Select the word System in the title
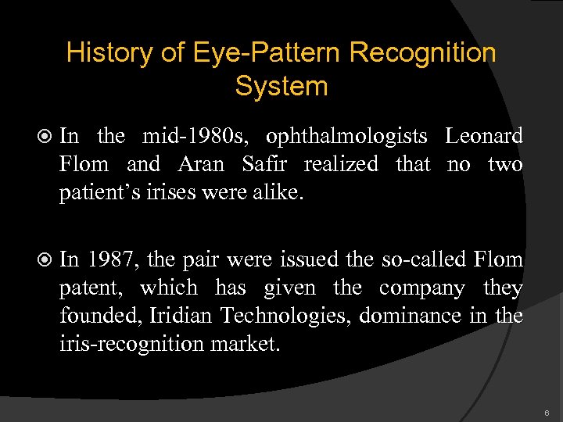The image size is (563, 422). coord(281,86)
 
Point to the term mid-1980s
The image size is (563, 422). coord(197,136)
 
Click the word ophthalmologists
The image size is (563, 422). coord(346,136)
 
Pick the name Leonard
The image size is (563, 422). coord(484,136)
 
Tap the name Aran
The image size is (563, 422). coord(200,164)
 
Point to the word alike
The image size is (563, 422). coord(275,192)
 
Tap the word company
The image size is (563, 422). coord(422,288)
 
